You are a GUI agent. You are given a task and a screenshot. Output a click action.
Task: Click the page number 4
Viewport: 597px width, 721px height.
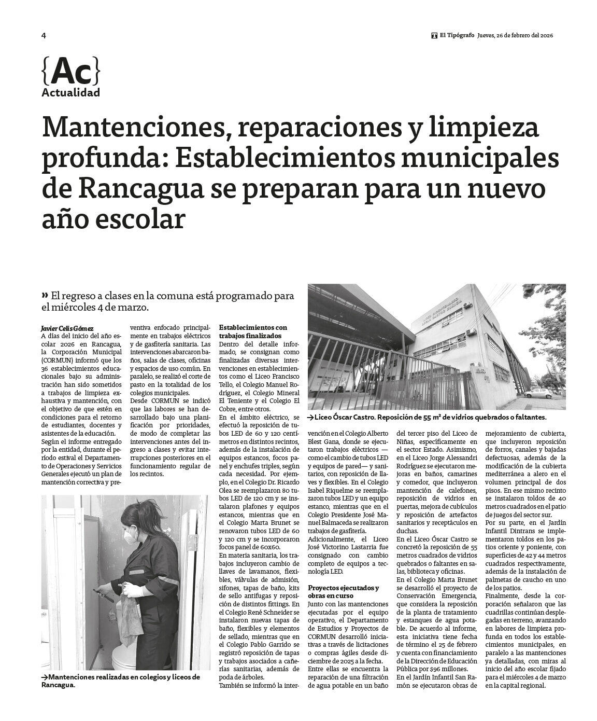(44, 36)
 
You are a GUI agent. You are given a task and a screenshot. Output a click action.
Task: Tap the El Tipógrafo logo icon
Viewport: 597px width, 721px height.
(434, 36)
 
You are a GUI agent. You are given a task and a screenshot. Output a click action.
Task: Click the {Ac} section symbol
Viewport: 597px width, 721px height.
(70, 72)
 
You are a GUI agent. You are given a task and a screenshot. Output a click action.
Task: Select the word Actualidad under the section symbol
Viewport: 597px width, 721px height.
(70, 93)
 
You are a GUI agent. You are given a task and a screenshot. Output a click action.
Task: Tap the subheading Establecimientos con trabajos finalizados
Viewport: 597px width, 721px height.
(253, 331)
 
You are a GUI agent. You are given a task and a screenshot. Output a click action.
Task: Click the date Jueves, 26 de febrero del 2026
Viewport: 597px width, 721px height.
(516, 36)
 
